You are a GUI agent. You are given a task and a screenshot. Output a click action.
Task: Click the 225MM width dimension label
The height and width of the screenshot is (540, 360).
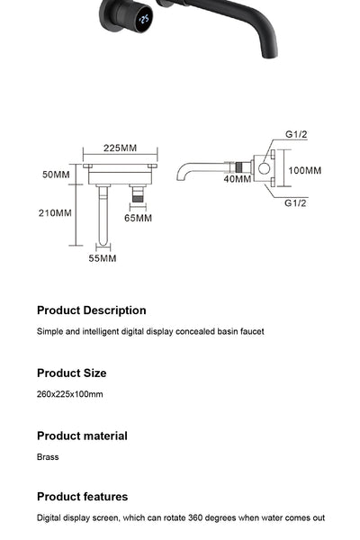pyautogui.click(x=120, y=148)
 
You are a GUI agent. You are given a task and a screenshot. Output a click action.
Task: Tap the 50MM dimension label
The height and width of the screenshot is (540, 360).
pyautogui.click(x=56, y=175)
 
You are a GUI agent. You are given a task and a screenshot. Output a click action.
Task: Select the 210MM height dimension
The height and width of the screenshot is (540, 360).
pyautogui.click(x=56, y=213)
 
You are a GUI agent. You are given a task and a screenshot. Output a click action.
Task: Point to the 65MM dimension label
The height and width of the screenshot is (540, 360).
pyautogui.click(x=138, y=218)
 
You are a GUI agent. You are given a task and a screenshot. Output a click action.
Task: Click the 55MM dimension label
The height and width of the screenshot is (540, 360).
pyautogui.click(x=102, y=258)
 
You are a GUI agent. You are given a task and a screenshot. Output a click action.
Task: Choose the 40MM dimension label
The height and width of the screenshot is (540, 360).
pyautogui.click(x=238, y=179)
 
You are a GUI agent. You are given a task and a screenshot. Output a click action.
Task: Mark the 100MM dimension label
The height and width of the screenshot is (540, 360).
pyautogui.click(x=305, y=170)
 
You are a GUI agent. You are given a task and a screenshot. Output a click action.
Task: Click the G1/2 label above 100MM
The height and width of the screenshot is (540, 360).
pyautogui.click(x=296, y=134)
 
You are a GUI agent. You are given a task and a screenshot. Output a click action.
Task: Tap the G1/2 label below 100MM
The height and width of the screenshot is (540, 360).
pyautogui.click(x=296, y=203)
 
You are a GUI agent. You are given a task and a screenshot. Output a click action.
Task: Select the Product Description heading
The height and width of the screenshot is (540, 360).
pyautogui.click(x=91, y=310)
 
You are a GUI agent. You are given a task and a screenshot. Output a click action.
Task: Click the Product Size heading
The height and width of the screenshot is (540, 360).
pyautogui.click(x=71, y=373)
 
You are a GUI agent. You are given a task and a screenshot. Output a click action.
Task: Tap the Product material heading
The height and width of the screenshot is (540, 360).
pyautogui.click(x=82, y=436)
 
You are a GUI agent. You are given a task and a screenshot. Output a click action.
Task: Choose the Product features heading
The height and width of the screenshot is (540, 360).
pyautogui.click(x=82, y=497)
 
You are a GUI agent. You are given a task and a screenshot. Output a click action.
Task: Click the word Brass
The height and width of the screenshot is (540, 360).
pyautogui.click(x=48, y=457)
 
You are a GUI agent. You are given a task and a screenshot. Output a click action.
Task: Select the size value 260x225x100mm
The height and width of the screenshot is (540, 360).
pyautogui.click(x=70, y=394)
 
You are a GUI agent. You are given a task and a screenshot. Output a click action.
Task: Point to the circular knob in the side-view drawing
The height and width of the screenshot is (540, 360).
pyautogui.click(x=264, y=168)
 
